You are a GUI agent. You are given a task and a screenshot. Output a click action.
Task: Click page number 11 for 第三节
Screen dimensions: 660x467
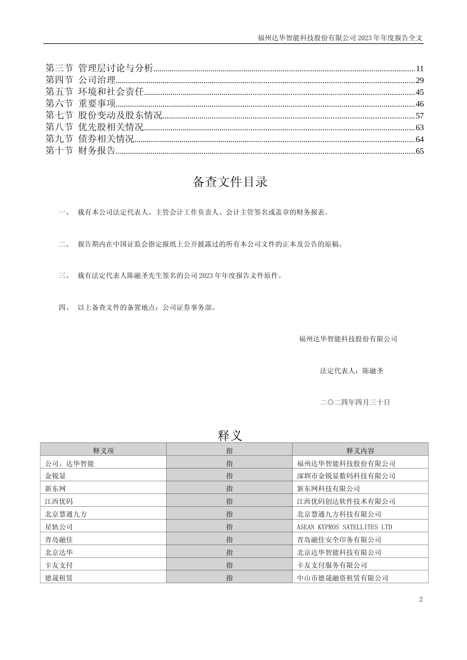point(419,69)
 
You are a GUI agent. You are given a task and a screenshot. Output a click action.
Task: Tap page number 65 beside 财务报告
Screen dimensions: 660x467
point(419,151)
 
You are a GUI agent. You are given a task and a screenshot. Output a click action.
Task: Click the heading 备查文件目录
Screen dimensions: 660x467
point(230,182)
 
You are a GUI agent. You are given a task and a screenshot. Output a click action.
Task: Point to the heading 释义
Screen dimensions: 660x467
point(230,435)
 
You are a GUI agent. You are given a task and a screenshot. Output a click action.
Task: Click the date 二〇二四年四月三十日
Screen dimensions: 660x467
point(355,402)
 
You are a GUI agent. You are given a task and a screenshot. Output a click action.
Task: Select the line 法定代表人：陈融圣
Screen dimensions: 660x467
point(351,371)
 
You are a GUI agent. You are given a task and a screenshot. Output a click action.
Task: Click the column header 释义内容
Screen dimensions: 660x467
point(360,450)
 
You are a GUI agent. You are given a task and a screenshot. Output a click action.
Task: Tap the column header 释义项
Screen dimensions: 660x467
point(103,450)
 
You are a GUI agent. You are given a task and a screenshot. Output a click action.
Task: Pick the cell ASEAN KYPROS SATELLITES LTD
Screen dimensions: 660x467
point(345,527)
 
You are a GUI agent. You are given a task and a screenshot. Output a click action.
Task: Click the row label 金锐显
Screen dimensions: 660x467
point(56,476)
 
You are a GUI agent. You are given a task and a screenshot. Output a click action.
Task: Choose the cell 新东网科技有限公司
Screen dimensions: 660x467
point(329,489)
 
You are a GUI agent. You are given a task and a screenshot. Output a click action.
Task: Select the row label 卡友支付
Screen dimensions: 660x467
point(59,565)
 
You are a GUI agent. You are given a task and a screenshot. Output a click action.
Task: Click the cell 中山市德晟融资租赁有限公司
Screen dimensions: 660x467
point(343,578)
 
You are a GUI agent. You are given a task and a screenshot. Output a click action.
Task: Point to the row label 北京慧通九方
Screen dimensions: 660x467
point(66,514)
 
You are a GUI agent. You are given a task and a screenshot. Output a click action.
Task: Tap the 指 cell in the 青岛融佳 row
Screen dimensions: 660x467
point(230,540)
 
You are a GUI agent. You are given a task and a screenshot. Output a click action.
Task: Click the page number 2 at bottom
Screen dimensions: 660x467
point(421,599)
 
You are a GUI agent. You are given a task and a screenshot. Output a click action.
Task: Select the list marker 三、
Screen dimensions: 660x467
point(64,276)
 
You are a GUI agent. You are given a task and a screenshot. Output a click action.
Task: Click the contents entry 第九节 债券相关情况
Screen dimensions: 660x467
point(89,139)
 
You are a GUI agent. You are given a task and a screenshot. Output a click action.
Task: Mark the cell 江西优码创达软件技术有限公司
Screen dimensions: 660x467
point(346,501)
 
